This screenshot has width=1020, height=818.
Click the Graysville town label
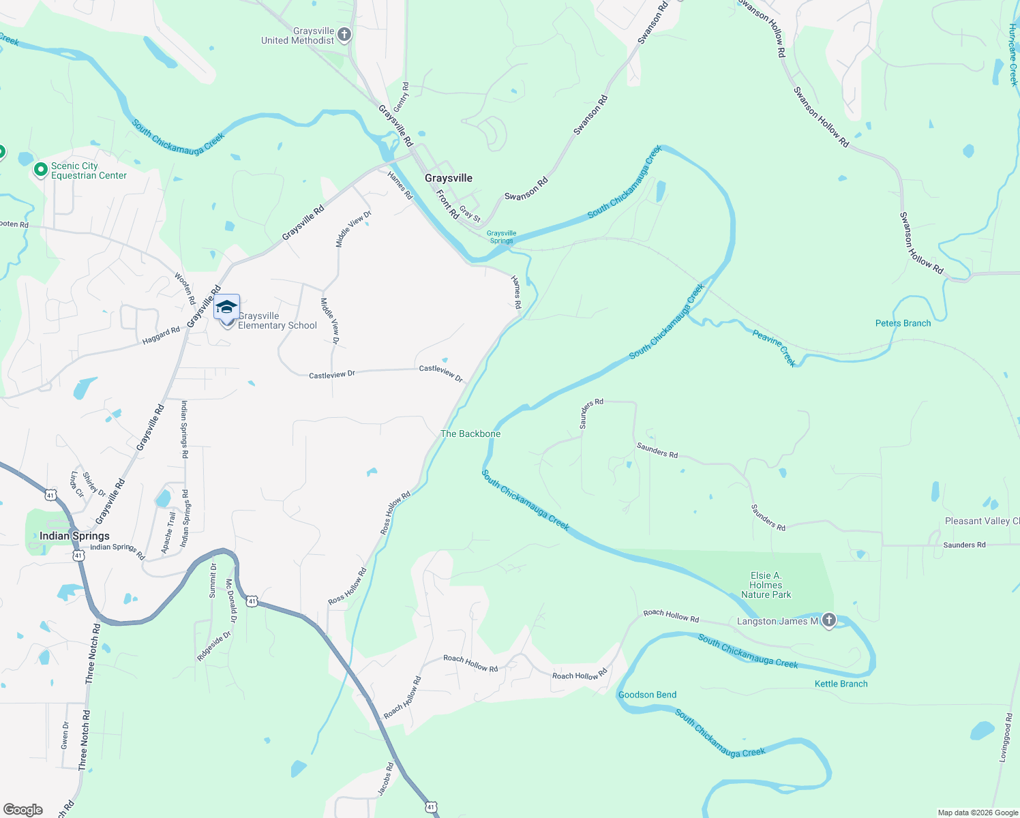pyautogui.click(x=448, y=178)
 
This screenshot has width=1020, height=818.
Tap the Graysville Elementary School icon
pyautogui.click(x=226, y=308)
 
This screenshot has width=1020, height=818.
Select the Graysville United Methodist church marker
pyautogui.click(x=344, y=35)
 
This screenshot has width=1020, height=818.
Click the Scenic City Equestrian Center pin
pyautogui.click(x=41, y=169)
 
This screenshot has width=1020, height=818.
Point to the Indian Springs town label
pyautogui.click(x=74, y=536)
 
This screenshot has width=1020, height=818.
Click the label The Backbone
pyautogui.click(x=470, y=434)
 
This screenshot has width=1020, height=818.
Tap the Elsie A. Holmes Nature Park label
pyautogui.click(x=766, y=585)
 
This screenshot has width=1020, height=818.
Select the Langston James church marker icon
pyautogui.click(x=829, y=620)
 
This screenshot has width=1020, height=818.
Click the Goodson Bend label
pyautogui.click(x=647, y=695)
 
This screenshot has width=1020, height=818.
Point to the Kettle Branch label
pyautogui.click(x=841, y=684)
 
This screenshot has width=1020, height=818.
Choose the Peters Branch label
pyautogui.click(x=903, y=323)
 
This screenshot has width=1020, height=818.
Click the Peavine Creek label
pyautogui.click(x=775, y=347)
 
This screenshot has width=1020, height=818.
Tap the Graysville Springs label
pyautogui.click(x=501, y=237)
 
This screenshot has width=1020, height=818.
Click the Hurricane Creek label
pyautogui.click(x=1012, y=55)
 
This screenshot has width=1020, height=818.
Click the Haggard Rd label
pyautogui.click(x=161, y=335)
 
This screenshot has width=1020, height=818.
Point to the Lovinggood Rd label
pyautogui.click(x=1006, y=738)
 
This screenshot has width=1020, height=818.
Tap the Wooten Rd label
pyautogui.click(x=185, y=288)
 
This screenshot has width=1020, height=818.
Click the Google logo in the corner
pyautogui.click(x=23, y=809)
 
